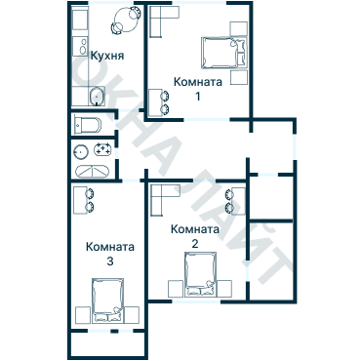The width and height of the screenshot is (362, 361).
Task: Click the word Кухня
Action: coord(106,57)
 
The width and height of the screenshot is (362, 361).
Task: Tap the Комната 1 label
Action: coord(197,89)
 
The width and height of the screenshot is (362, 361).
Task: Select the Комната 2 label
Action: coord(193,237)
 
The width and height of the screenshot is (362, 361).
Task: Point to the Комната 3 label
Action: coord(109,254)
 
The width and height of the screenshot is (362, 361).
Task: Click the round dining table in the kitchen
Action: coord(125,19)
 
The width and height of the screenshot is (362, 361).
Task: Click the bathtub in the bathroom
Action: coord(93,170)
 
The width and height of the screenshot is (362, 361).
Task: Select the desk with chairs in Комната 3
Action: coord(84,200)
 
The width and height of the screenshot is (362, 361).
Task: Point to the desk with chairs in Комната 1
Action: coord(159,101)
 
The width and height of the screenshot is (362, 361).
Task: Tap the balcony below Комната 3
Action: coord(107,344)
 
